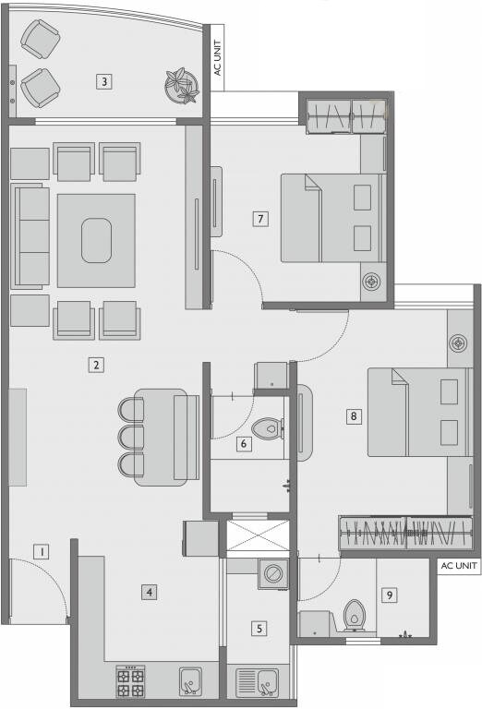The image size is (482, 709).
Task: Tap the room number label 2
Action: pos(95,364)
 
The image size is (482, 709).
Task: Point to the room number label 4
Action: pos(149,592)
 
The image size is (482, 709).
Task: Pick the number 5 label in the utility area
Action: pos(259,629)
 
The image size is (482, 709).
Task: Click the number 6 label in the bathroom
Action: pos(243,444)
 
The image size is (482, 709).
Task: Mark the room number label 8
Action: pos(353,416)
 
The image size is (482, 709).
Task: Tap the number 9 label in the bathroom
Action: pos(390,595)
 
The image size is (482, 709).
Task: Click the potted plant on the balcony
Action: pos(180,87)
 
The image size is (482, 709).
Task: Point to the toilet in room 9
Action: pos(354,616)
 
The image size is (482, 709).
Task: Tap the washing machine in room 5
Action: pos(273,573)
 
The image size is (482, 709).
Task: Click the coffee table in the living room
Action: pos(96,240)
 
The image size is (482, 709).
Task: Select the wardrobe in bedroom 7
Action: pos(345,115)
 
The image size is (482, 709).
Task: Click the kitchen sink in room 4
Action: pos(191,680)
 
